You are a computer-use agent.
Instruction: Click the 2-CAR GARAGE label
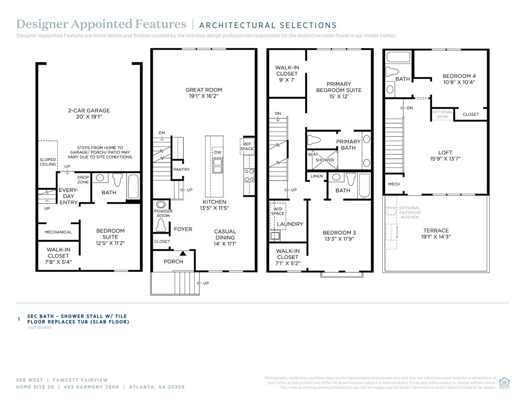[89, 110]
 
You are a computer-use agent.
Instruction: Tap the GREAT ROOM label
[204, 89]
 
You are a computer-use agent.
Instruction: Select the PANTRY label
[181, 169]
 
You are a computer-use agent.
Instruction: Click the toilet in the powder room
[161, 225]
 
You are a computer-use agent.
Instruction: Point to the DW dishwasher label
[217, 153]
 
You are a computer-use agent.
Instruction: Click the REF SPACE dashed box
[247, 146]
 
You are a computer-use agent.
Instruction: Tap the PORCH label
[173, 261]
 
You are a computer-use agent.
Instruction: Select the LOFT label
[445, 153]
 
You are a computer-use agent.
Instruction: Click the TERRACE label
[435, 231]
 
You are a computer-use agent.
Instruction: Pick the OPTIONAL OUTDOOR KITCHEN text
[410, 213]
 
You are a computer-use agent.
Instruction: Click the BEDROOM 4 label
[459, 76]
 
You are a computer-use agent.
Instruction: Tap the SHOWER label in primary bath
[325, 160]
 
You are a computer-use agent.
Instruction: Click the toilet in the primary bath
[314, 140]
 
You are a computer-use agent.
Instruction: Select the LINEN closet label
[316, 176]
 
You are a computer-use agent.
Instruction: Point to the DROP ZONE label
[83, 179]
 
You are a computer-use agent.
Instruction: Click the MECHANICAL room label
[58, 232]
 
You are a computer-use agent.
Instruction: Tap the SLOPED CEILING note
[48, 162]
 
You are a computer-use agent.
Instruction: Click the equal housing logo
[504, 383]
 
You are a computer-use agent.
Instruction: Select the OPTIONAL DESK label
[442, 114]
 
